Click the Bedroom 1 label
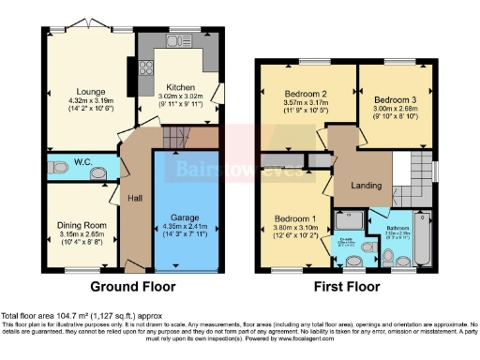[x=296, y=217]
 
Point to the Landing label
[x=366, y=185]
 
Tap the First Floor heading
[x=349, y=286]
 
